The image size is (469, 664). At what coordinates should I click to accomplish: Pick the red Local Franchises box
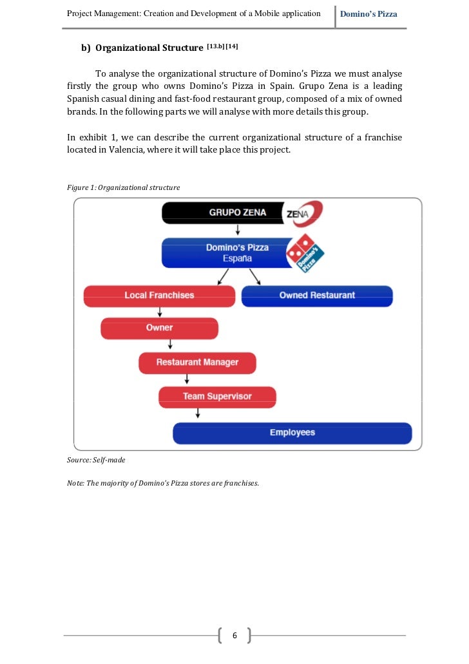(159, 296)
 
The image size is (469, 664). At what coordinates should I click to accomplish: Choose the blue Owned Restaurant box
(316, 296)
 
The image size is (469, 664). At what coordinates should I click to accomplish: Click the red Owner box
(159, 328)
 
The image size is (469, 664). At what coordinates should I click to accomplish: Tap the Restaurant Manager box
(197, 363)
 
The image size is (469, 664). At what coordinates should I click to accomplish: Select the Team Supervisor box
(217, 397)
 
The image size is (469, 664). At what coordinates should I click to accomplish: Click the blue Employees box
(292, 433)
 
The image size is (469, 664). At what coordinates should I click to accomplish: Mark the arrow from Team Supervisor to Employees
(198, 413)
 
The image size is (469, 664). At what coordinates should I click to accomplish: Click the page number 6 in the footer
(235, 636)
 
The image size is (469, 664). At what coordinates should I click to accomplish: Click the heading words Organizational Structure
(149, 48)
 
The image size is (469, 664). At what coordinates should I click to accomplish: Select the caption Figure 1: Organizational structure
(124, 187)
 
